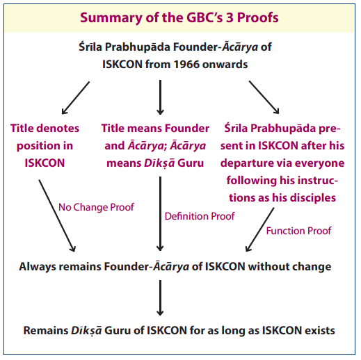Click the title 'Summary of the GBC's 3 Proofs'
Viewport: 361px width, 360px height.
click(x=179, y=18)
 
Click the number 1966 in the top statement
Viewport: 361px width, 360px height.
click(x=186, y=64)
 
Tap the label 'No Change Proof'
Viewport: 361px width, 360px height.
click(x=96, y=207)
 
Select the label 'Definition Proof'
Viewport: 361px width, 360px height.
click(x=200, y=216)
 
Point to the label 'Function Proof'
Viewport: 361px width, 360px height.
click(x=298, y=231)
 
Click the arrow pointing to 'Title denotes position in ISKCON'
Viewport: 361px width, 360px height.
click(x=76, y=98)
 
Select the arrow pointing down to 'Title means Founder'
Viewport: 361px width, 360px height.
click(x=160, y=97)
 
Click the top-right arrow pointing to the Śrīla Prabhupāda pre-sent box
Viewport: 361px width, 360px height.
click(x=264, y=97)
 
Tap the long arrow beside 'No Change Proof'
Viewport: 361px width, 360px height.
click(x=57, y=215)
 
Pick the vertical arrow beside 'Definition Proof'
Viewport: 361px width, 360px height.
click(x=160, y=214)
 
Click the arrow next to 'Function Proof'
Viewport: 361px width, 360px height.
click(x=259, y=229)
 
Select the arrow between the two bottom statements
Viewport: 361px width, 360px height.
click(x=160, y=298)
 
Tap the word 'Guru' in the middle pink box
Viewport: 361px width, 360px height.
click(x=191, y=163)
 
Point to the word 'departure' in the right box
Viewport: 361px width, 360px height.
click(x=243, y=163)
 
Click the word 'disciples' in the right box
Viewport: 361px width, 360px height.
click(x=313, y=198)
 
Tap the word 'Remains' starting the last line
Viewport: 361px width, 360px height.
click(x=46, y=331)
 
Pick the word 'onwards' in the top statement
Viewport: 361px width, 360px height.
click(x=225, y=64)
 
